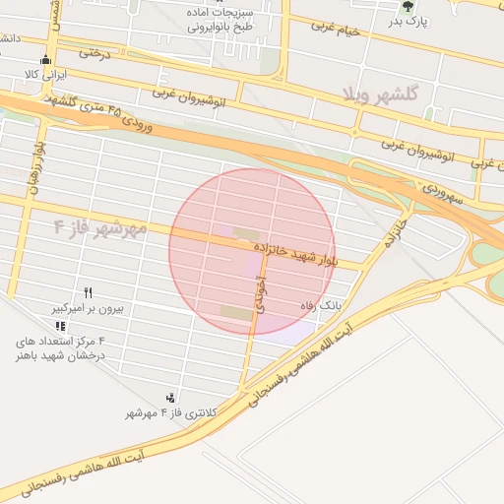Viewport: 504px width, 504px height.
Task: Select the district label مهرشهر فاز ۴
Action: (x=100, y=228)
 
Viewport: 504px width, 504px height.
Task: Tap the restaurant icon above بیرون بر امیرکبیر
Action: (x=88, y=292)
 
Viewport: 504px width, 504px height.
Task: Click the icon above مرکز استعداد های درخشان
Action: (x=61, y=326)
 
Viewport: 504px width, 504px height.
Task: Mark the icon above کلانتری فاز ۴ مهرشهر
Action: (x=171, y=398)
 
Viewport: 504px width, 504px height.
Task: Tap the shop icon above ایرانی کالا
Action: (x=42, y=59)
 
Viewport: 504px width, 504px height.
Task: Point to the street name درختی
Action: (x=95, y=53)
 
